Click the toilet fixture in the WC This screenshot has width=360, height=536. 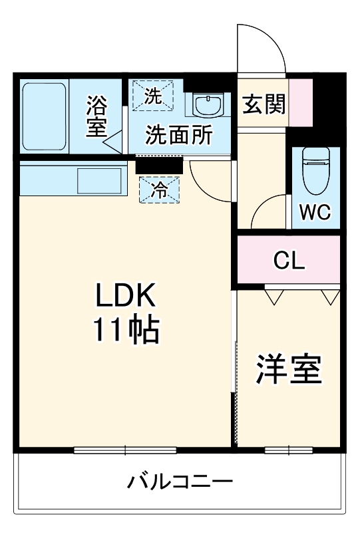[x=315, y=168]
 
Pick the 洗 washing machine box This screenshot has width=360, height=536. [x=154, y=95]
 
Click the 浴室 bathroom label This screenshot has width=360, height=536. [x=96, y=116]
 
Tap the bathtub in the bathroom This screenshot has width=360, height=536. [x=44, y=117]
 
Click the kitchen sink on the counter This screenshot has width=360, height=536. [x=100, y=180]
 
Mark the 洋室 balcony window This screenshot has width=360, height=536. [x=288, y=450]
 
